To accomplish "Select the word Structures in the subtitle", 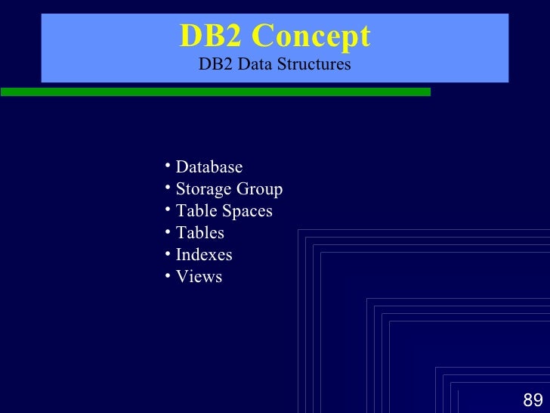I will [314, 64].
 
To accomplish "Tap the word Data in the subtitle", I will [254, 64].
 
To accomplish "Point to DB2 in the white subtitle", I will [215, 64].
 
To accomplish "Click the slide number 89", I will [533, 400].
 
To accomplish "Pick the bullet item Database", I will [209, 166].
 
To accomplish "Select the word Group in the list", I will [258, 188].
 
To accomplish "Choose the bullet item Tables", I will [199, 233].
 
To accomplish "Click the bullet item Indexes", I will [204, 255].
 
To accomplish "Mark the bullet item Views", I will [199, 277].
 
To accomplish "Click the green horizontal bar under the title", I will [215, 92].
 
